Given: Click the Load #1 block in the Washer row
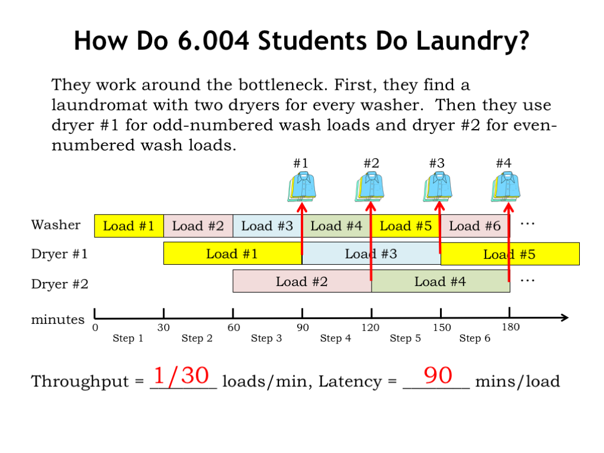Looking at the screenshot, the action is pyautogui.click(x=129, y=226).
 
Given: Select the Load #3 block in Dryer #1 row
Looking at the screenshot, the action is pyautogui.click(x=372, y=254).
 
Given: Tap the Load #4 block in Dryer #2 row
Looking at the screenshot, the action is pyautogui.click(x=441, y=281).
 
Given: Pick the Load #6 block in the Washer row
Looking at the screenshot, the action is pyautogui.click(x=475, y=226).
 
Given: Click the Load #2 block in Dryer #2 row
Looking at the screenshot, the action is pyautogui.click(x=302, y=281).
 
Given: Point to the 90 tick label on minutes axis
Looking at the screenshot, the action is pyautogui.click(x=303, y=327).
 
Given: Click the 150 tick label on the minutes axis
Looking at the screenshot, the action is pyautogui.click(x=441, y=327).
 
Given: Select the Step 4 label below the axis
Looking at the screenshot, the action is pyautogui.click(x=336, y=338).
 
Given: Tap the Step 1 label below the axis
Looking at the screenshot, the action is pyautogui.click(x=128, y=338).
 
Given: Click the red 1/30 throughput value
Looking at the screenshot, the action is pyautogui.click(x=181, y=375).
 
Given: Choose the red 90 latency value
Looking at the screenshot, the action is pyautogui.click(x=438, y=375).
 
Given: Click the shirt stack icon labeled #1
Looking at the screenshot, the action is pyautogui.click(x=302, y=187).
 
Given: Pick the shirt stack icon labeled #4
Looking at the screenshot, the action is pyautogui.click(x=505, y=187).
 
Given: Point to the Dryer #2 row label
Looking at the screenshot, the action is pyautogui.click(x=60, y=284).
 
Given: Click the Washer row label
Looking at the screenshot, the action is pyautogui.click(x=56, y=225).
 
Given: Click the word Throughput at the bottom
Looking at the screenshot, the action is pyautogui.click(x=80, y=382).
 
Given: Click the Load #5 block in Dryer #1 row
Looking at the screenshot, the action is pyautogui.click(x=510, y=254).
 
